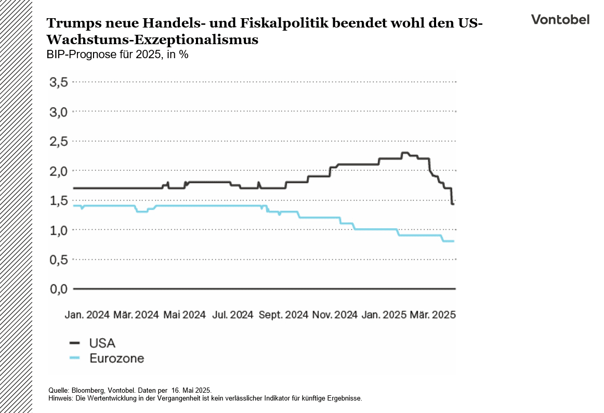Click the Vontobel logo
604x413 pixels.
[x=560, y=20]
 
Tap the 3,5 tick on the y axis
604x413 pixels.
[x=59, y=82]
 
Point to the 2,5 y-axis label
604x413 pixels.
[x=59, y=141]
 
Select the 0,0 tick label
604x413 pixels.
[x=59, y=289]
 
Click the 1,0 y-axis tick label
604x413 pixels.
[x=59, y=230]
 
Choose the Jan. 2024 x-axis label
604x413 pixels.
[x=87, y=315]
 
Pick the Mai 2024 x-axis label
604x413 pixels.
[x=185, y=315]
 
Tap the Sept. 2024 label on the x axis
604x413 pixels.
[x=283, y=315]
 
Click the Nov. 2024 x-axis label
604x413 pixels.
[x=334, y=315]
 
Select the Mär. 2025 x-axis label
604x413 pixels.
[x=433, y=315]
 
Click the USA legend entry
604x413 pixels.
[x=102, y=343]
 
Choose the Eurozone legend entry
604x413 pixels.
[x=116, y=358]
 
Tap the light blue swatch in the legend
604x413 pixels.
[x=75, y=358]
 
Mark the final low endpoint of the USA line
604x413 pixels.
[x=453, y=204]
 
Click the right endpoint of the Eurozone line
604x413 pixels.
[x=454, y=241]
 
